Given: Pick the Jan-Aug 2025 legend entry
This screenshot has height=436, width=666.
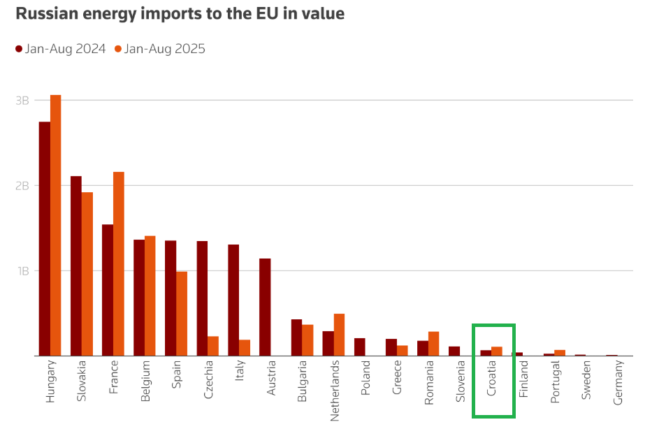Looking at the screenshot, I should (160, 49).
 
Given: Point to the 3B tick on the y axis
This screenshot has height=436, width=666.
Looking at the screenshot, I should (22, 101).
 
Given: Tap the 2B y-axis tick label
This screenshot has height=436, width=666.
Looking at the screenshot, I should (22, 186).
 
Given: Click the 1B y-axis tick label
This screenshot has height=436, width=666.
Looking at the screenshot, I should (22, 271).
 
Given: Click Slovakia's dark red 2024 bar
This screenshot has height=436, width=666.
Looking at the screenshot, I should (76, 266).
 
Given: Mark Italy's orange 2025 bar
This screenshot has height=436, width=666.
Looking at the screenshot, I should (245, 347).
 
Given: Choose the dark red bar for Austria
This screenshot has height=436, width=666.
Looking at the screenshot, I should (265, 307).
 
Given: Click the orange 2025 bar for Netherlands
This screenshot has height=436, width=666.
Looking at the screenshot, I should (339, 335).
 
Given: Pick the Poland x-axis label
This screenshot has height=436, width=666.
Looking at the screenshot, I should (365, 379).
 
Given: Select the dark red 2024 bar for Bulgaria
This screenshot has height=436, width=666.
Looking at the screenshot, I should (296, 337).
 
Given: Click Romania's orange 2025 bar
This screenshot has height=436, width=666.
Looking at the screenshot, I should (433, 344).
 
